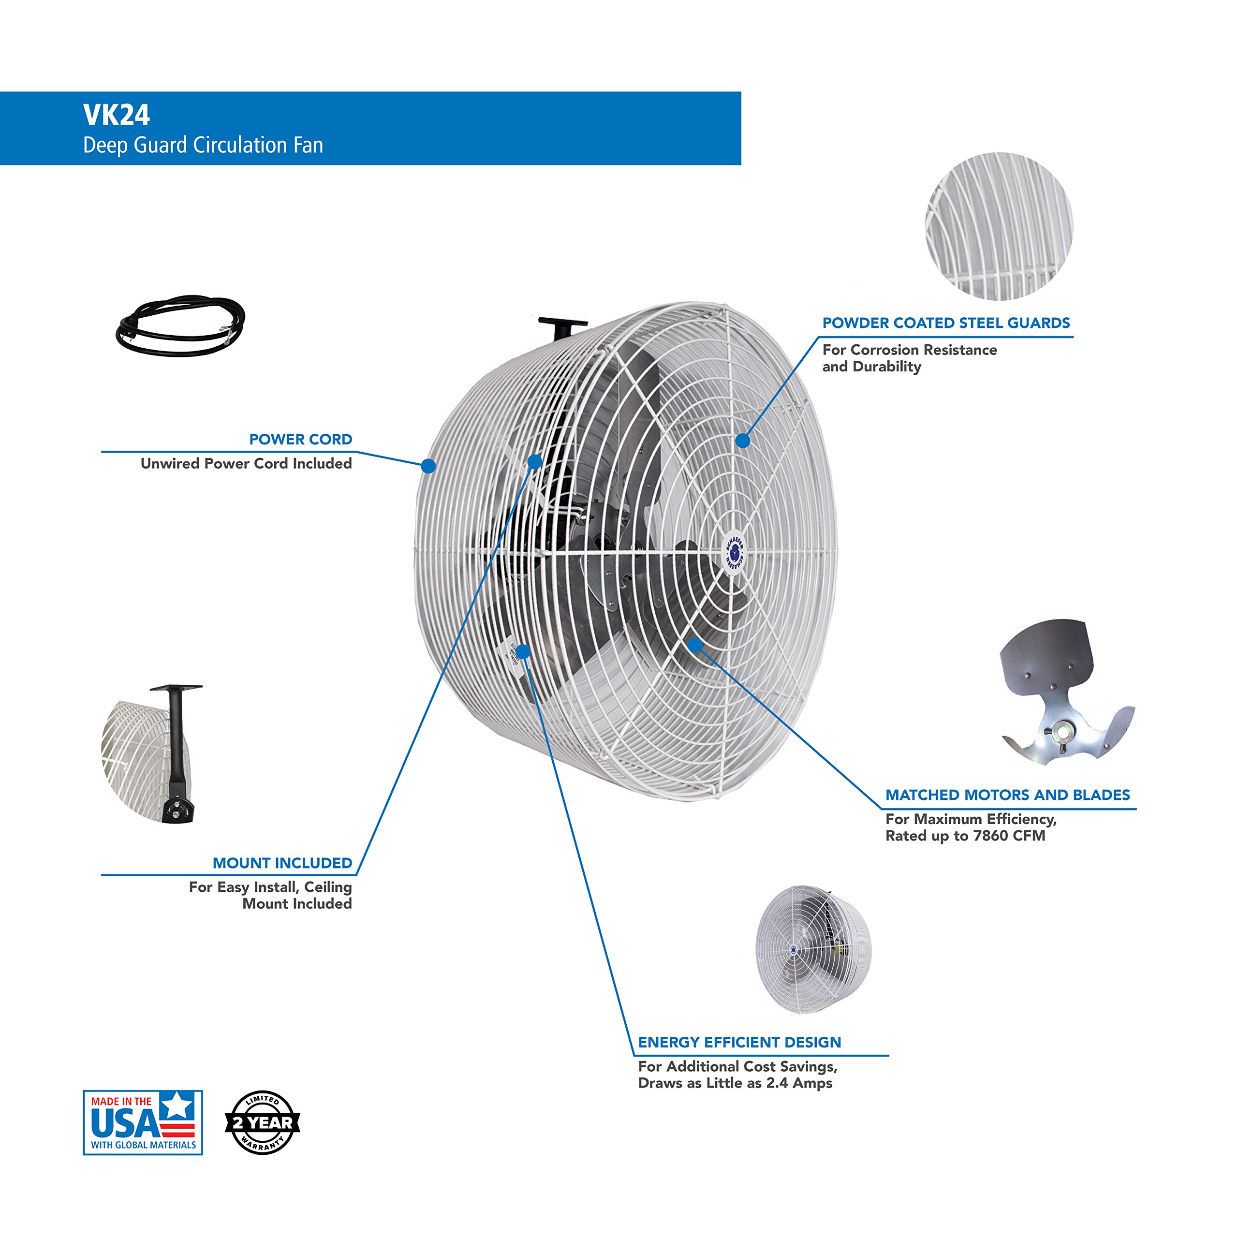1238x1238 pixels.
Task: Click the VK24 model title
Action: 116,116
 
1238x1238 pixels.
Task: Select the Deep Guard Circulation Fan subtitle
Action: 203,146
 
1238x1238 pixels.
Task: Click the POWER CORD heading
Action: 300,440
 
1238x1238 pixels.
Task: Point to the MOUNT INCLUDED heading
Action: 282,863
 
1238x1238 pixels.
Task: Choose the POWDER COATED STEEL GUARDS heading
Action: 946,323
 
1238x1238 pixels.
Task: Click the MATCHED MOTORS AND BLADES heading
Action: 1007,795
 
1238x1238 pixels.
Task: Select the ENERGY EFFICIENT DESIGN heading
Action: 739,1043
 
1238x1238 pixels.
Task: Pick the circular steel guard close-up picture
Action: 999,226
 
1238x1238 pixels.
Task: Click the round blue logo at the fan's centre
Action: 735,550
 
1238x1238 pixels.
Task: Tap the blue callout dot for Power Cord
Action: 428,466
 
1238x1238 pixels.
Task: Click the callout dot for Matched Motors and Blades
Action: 694,644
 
